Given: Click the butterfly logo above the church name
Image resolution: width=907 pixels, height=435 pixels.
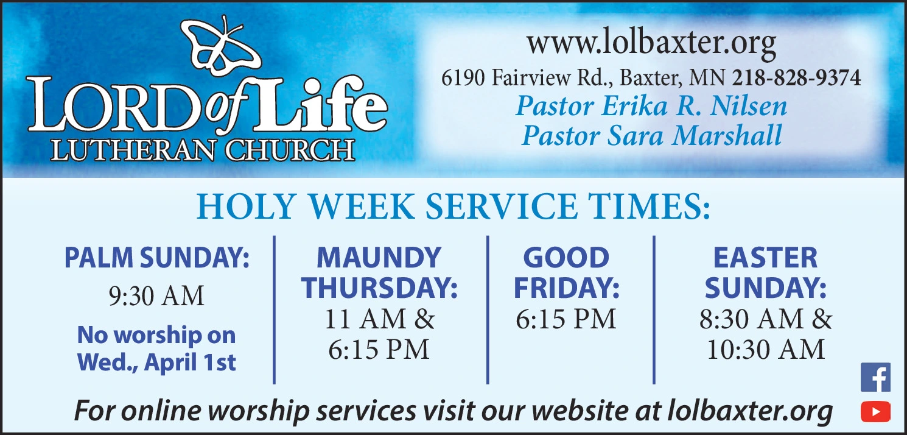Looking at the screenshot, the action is (x=221, y=49).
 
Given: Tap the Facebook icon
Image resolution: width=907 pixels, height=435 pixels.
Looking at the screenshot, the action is (x=875, y=377).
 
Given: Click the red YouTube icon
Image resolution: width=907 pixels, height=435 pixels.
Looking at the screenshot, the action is (x=875, y=411).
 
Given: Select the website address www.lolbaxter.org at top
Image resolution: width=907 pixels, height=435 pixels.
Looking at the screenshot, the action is (x=651, y=43).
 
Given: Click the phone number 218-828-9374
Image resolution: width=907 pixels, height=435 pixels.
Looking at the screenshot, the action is (x=796, y=78).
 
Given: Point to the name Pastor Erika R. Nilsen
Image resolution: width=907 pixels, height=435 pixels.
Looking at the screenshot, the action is (x=651, y=106).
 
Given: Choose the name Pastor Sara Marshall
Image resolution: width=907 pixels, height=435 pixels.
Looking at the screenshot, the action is (x=651, y=135).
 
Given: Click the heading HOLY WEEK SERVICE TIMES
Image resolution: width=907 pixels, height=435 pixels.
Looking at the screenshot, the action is (x=453, y=207).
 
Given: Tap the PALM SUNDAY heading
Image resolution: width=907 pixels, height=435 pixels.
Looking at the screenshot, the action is (x=156, y=258).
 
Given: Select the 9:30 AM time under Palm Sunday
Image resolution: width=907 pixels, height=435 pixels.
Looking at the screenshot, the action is (x=156, y=296).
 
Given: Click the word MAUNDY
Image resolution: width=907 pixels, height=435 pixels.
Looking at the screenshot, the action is (x=379, y=258).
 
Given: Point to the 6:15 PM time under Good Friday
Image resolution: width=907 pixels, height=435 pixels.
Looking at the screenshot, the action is (x=566, y=319).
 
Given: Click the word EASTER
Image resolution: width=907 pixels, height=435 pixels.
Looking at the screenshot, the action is (x=765, y=258).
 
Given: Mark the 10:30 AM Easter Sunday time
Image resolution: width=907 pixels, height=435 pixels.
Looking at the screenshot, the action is (x=765, y=350).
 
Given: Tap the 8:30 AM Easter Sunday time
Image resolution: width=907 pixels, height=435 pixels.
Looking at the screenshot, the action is (x=751, y=319).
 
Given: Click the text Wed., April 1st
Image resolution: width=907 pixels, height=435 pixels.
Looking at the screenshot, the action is (x=156, y=362).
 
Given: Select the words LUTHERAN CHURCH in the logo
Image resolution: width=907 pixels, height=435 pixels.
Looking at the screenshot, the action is (x=203, y=150).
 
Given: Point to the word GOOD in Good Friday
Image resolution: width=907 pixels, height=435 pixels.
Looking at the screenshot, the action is (x=566, y=258).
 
